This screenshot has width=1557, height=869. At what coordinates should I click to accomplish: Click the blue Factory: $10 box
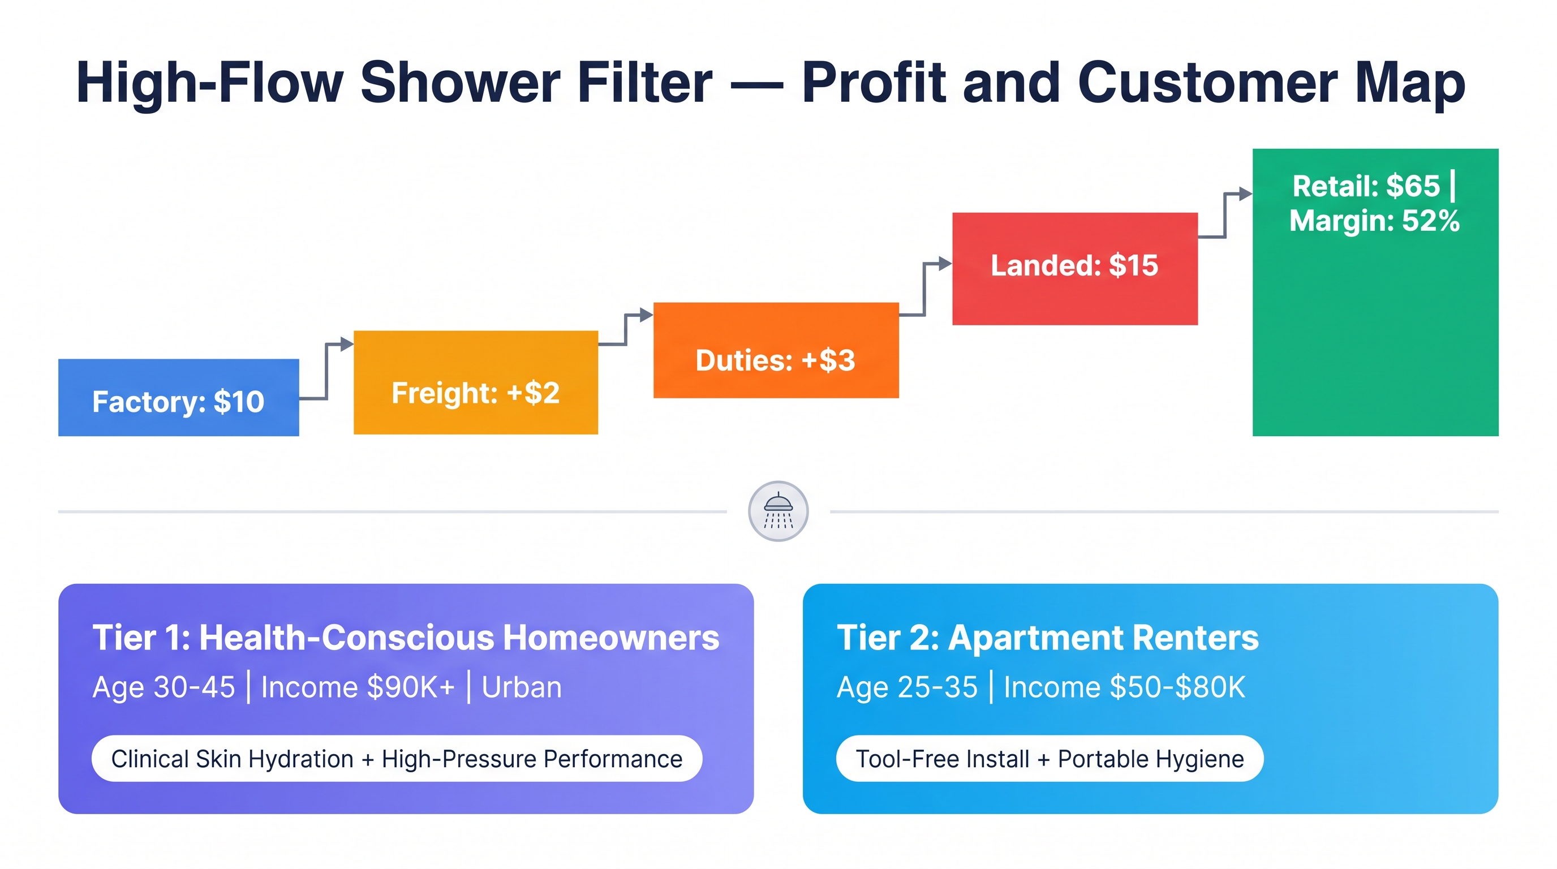[x=178, y=397]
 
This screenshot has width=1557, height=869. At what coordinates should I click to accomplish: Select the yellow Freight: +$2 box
[x=476, y=382]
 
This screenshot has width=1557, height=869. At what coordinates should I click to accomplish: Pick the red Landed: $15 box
[x=1074, y=268]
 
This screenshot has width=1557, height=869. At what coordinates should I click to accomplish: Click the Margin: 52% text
[x=1374, y=221]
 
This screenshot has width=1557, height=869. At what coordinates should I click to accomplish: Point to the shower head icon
[x=778, y=511]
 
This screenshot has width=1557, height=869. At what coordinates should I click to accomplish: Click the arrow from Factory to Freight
[x=326, y=371]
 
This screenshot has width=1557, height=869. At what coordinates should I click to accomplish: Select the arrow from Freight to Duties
[x=626, y=329]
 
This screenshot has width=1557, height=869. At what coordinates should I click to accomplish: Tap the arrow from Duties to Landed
[x=925, y=289]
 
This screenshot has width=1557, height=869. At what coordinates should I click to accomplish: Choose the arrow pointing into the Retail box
[x=1225, y=215]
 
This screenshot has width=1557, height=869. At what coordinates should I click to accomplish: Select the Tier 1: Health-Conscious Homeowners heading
[x=406, y=638]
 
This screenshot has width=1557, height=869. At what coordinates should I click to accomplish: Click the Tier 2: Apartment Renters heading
[x=1047, y=638]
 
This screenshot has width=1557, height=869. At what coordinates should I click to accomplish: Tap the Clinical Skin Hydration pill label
[x=397, y=759]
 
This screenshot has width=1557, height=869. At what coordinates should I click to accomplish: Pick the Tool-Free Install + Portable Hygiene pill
[x=1050, y=759]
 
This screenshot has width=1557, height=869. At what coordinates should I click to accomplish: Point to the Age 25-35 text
[x=907, y=688]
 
